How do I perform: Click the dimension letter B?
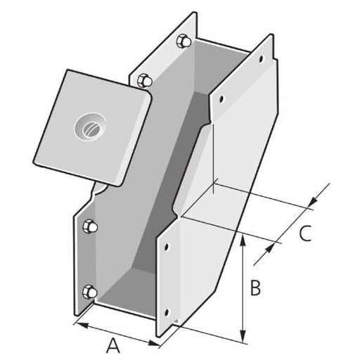point(256,288)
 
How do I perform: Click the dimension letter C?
point(304,233)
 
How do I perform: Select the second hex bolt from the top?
point(146,79)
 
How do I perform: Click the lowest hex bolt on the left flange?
point(89,292)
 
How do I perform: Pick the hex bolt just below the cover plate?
point(90,226)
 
